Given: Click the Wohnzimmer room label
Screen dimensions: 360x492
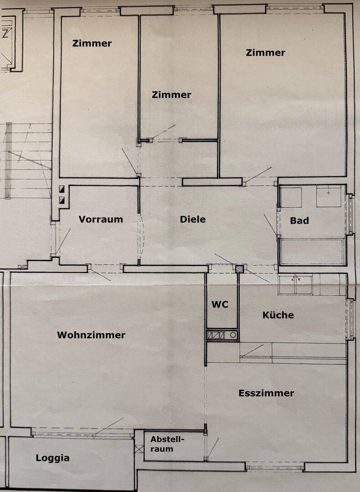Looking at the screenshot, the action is [91, 335].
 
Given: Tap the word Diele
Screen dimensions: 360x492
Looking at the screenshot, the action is [193, 219].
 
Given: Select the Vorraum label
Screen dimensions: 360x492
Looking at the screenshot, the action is [101, 219].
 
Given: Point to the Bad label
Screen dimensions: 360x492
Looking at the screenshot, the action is [299, 221].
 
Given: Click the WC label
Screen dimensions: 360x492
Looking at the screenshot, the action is [220, 305].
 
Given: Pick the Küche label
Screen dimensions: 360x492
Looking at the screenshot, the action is [278, 315].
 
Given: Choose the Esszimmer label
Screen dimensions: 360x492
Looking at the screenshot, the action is [267, 393].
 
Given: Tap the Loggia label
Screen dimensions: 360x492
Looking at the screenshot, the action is [53, 458].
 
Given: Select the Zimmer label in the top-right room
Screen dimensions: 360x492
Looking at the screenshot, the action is [266, 53].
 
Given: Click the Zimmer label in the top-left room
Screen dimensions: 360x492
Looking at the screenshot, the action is [92, 44].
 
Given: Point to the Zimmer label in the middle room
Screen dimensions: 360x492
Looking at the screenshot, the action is [171, 95].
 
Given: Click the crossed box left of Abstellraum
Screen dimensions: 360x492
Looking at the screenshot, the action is [139, 449].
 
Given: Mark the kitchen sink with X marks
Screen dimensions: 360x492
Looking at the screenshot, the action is [295, 284].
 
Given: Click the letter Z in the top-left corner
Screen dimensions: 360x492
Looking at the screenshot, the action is [5, 33].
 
